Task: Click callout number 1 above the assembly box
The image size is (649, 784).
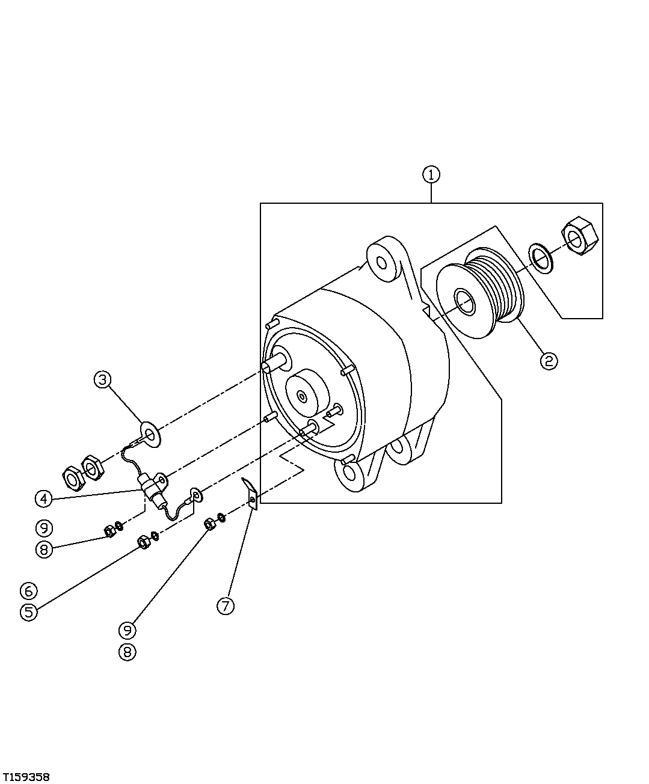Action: [x=431, y=174]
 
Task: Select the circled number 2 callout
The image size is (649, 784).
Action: [x=548, y=361]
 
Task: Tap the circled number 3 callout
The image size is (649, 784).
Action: [x=103, y=379]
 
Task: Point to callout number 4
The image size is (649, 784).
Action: [x=43, y=498]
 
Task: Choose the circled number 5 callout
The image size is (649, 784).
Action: [x=28, y=611]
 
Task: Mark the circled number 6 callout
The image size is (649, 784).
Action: [x=28, y=590]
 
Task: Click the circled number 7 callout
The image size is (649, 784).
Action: [x=225, y=605]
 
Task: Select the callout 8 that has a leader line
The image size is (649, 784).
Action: [x=43, y=549]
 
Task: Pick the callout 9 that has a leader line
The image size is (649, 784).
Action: [x=127, y=630]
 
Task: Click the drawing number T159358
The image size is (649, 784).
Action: [x=25, y=773]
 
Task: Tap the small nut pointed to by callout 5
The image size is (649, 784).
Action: [x=144, y=542]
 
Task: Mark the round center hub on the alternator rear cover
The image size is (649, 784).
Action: [x=306, y=394]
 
